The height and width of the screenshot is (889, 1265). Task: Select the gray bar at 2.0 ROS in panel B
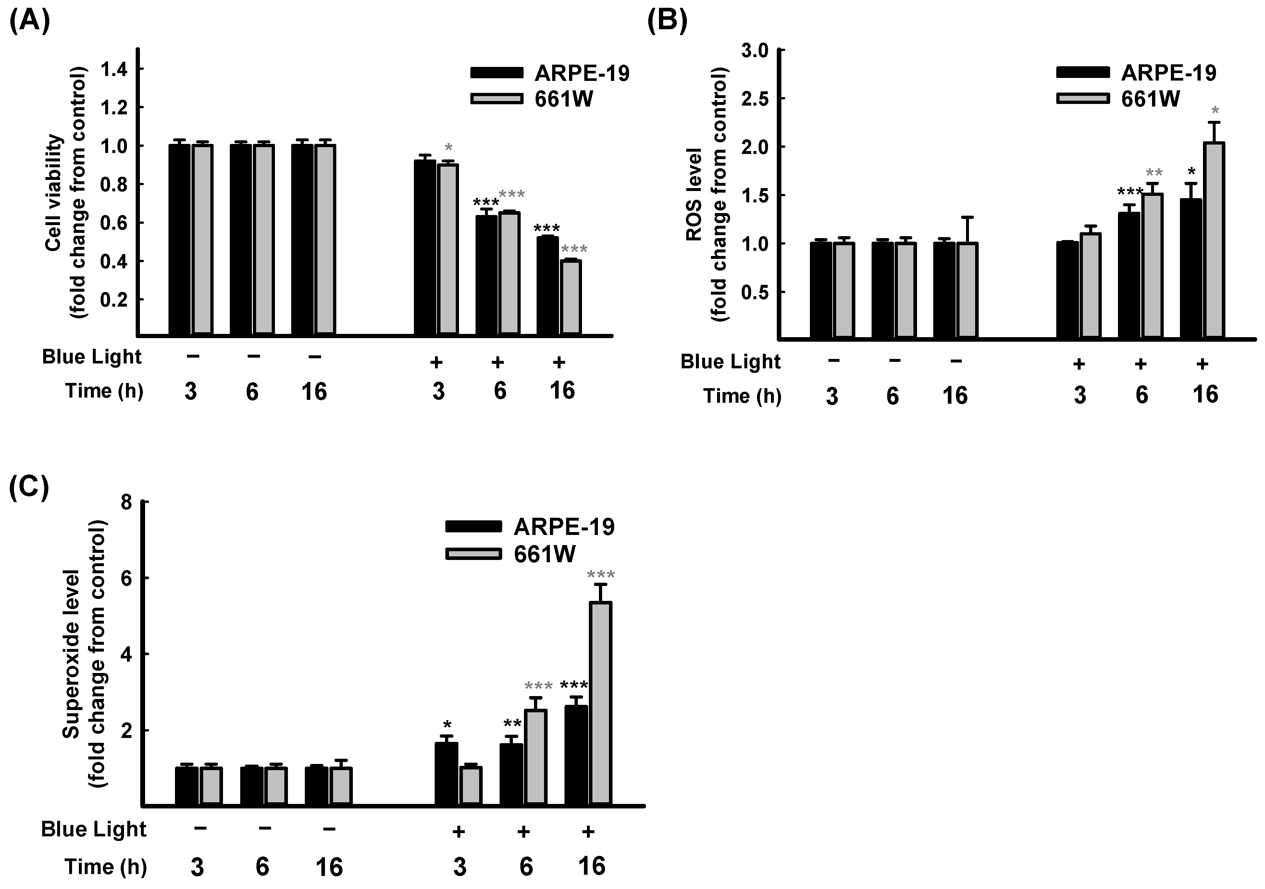pyautogui.click(x=1213, y=240)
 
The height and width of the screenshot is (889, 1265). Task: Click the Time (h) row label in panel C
pyautogui.click(x=106, y=867)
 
